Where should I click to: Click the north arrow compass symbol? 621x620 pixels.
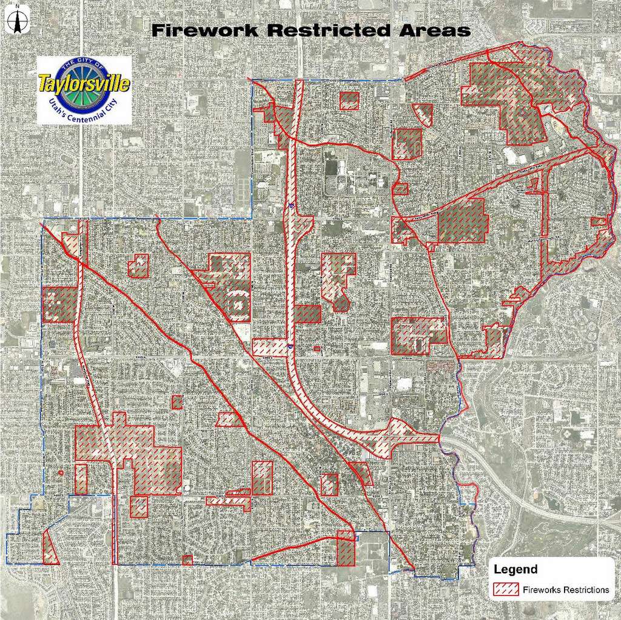tap(17, 19)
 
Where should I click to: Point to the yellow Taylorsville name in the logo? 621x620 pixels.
tap(84, 83)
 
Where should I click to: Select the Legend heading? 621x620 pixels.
tap(515, 570)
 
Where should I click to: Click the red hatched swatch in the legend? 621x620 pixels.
tap(506, 590)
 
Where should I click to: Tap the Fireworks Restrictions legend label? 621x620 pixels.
tap(565, 590)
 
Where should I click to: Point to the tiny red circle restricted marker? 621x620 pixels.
tap(61, 472)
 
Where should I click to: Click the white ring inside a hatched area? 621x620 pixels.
tap(238, 302)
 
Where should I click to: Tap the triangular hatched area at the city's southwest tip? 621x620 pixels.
tap(49, 548)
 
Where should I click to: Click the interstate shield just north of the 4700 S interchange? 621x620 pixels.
tap(291, 206)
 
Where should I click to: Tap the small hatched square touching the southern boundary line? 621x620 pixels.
tap(187, 560)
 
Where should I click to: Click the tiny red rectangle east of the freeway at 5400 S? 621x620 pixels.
tap(317, 348)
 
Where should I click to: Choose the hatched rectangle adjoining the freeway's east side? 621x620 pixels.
tap(307, 314)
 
